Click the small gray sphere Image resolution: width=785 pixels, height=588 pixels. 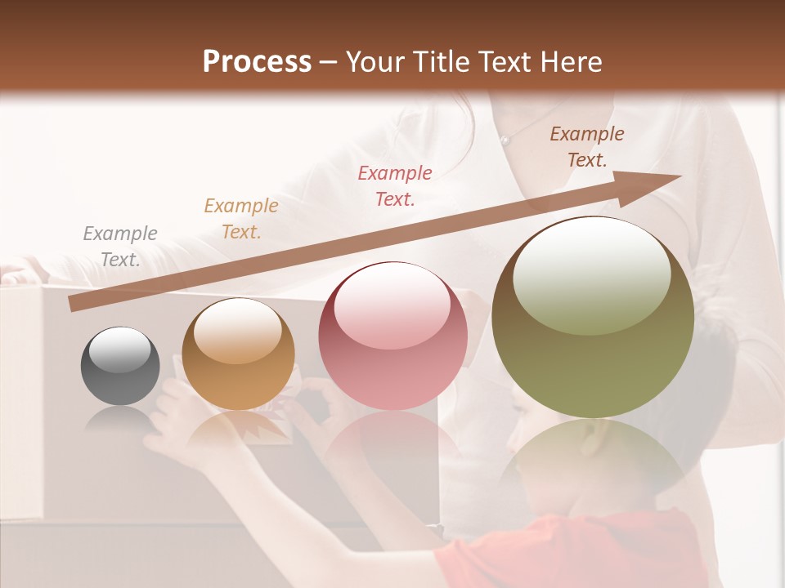[120, 367]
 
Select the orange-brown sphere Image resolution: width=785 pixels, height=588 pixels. [238, 354]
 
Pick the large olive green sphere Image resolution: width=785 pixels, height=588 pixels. [593, 317]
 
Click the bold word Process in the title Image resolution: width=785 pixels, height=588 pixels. [257, 62]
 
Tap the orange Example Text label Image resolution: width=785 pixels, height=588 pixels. [241, 219]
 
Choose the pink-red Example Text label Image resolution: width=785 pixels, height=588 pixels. [395, 185]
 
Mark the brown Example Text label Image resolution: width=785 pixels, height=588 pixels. [587, 147]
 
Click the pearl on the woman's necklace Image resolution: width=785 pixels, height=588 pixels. [506, 141]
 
